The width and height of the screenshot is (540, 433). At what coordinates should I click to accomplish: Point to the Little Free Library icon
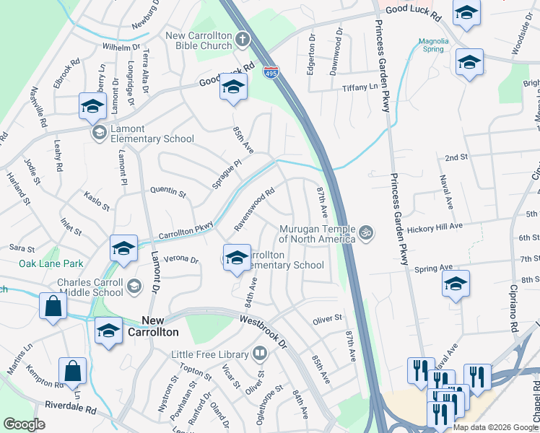click(x=260, y=354)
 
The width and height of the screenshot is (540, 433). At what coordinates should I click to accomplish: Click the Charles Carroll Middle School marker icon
click(x=134, y=287)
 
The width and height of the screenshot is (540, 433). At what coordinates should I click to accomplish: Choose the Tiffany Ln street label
click(x=360, y=87)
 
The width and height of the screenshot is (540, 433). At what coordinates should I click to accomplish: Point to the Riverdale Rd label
click(x=70, y=409)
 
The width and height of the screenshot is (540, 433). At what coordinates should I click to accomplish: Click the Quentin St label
click(x=167, y=192)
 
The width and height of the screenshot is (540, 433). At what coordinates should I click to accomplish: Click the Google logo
click(x=24, y=424)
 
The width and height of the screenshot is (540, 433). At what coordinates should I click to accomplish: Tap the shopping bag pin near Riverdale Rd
click(x=72, y=372)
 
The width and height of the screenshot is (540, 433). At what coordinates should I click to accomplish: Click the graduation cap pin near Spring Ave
click(x=456, y=283)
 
